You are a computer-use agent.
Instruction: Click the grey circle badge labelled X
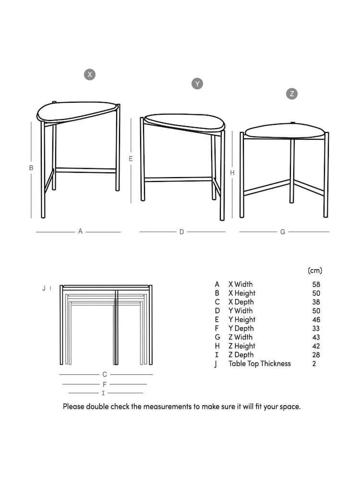(90, 74)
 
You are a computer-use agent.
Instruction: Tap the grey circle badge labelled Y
(197, 84)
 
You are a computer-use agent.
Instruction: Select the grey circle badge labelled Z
(292, 94)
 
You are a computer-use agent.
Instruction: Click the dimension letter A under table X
(80, 231)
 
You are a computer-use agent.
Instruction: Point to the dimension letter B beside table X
(31, 168)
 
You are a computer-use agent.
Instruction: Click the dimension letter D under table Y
(181, 232)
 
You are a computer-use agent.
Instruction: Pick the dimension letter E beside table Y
(131, 158)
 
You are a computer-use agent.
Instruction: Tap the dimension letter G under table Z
(283, 232)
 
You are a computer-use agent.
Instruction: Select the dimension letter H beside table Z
(232, 173)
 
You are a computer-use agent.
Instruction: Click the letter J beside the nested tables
(44, 288)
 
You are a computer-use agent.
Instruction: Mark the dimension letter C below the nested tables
(105, 374)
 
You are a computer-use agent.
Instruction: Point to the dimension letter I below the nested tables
(103, 393)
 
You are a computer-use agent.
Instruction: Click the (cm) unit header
(315, 271)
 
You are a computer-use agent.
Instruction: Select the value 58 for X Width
(316, 285)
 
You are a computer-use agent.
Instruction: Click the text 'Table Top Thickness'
(260, 364)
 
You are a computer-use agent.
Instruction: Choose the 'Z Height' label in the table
(242, 346)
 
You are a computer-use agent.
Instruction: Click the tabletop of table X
(77, 111)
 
